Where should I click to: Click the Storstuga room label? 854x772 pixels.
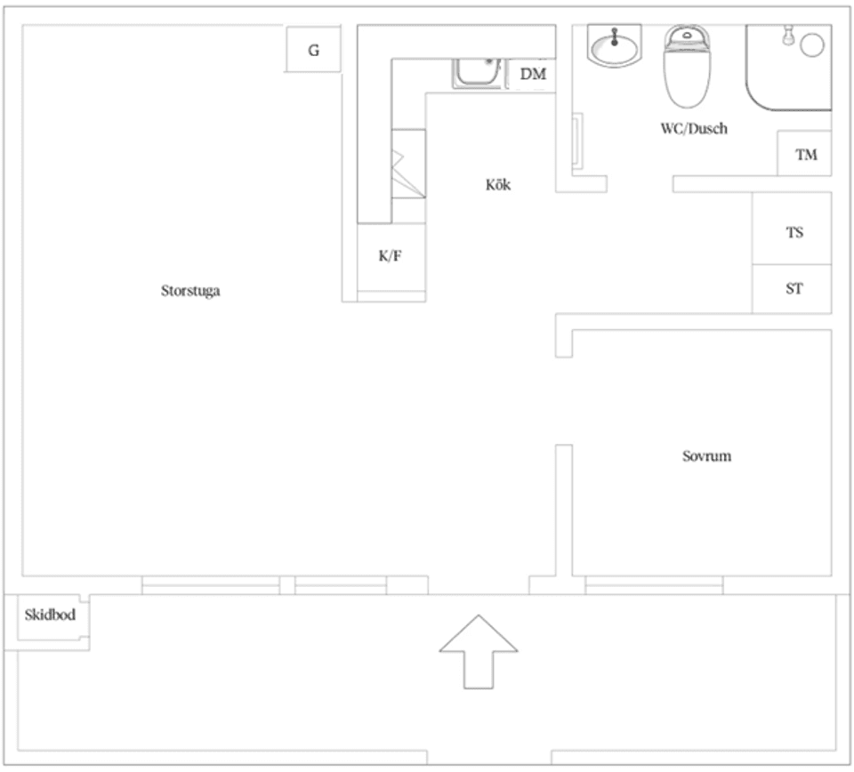190,291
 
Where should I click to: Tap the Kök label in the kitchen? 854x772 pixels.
498,185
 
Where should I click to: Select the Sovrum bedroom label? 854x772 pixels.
706,455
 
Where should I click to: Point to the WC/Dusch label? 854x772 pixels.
694,128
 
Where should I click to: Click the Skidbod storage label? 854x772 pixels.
50,615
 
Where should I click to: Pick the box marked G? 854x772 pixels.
313,49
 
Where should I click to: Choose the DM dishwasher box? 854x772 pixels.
532,75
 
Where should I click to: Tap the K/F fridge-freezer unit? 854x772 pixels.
391,257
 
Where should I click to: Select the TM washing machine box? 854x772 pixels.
804,153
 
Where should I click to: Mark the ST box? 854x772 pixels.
792,289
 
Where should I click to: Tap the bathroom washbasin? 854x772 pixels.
615,45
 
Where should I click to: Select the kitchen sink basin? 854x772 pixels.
478,72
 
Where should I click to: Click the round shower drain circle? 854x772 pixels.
812,45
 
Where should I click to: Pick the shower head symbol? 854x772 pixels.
786,35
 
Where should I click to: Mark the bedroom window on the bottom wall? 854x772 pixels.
654,585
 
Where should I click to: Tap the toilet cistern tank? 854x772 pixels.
687,37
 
